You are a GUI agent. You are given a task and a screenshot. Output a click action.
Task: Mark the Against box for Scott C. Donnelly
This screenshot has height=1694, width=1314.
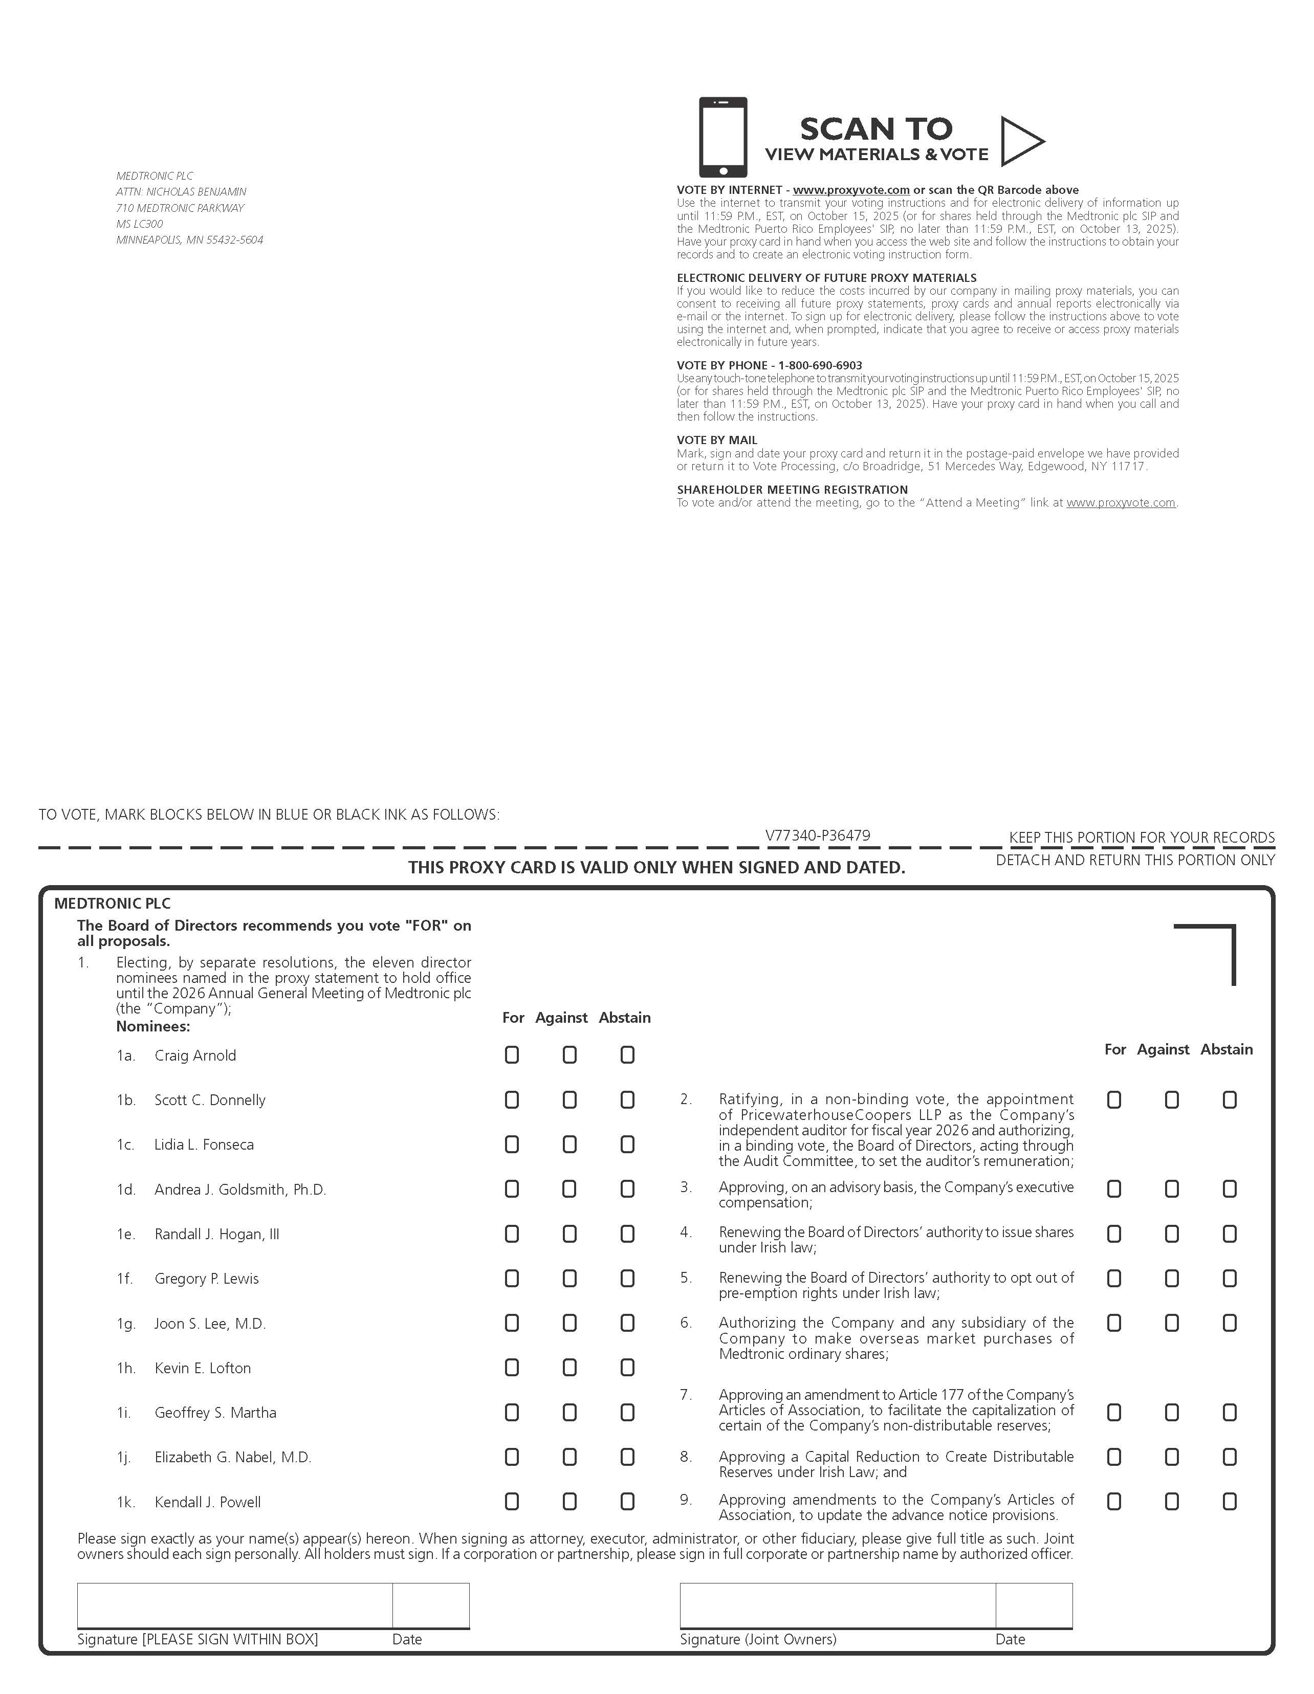(x=570, y=1100)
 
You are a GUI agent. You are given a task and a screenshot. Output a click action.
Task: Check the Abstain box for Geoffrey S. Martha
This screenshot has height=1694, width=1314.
(x=627, y=1413)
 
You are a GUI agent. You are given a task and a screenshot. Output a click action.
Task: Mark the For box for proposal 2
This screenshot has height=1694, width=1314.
(x=1114, y=1100)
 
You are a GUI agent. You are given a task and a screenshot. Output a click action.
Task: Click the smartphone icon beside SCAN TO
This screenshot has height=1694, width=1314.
(x=723, y=137)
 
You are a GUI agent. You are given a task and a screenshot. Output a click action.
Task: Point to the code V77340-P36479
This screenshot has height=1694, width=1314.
(x=818, y=835)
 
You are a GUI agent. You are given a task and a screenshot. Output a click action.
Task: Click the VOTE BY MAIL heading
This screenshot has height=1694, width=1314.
(x=717, y=440)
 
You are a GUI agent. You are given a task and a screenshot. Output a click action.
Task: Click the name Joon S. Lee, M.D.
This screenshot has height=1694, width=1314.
(x=210, y=1323)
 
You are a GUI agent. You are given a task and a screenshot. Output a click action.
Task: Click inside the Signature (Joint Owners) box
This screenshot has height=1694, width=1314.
(x=837, y=1605)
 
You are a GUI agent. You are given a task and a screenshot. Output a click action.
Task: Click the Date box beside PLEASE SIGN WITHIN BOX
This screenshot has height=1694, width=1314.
(x=430, y=1605)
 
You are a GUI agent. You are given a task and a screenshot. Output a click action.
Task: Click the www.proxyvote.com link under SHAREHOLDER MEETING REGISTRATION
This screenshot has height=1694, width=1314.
(x=1121, y=502)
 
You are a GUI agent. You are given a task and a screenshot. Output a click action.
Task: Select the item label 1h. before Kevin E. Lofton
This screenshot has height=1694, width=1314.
(x=126, y=1368)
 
